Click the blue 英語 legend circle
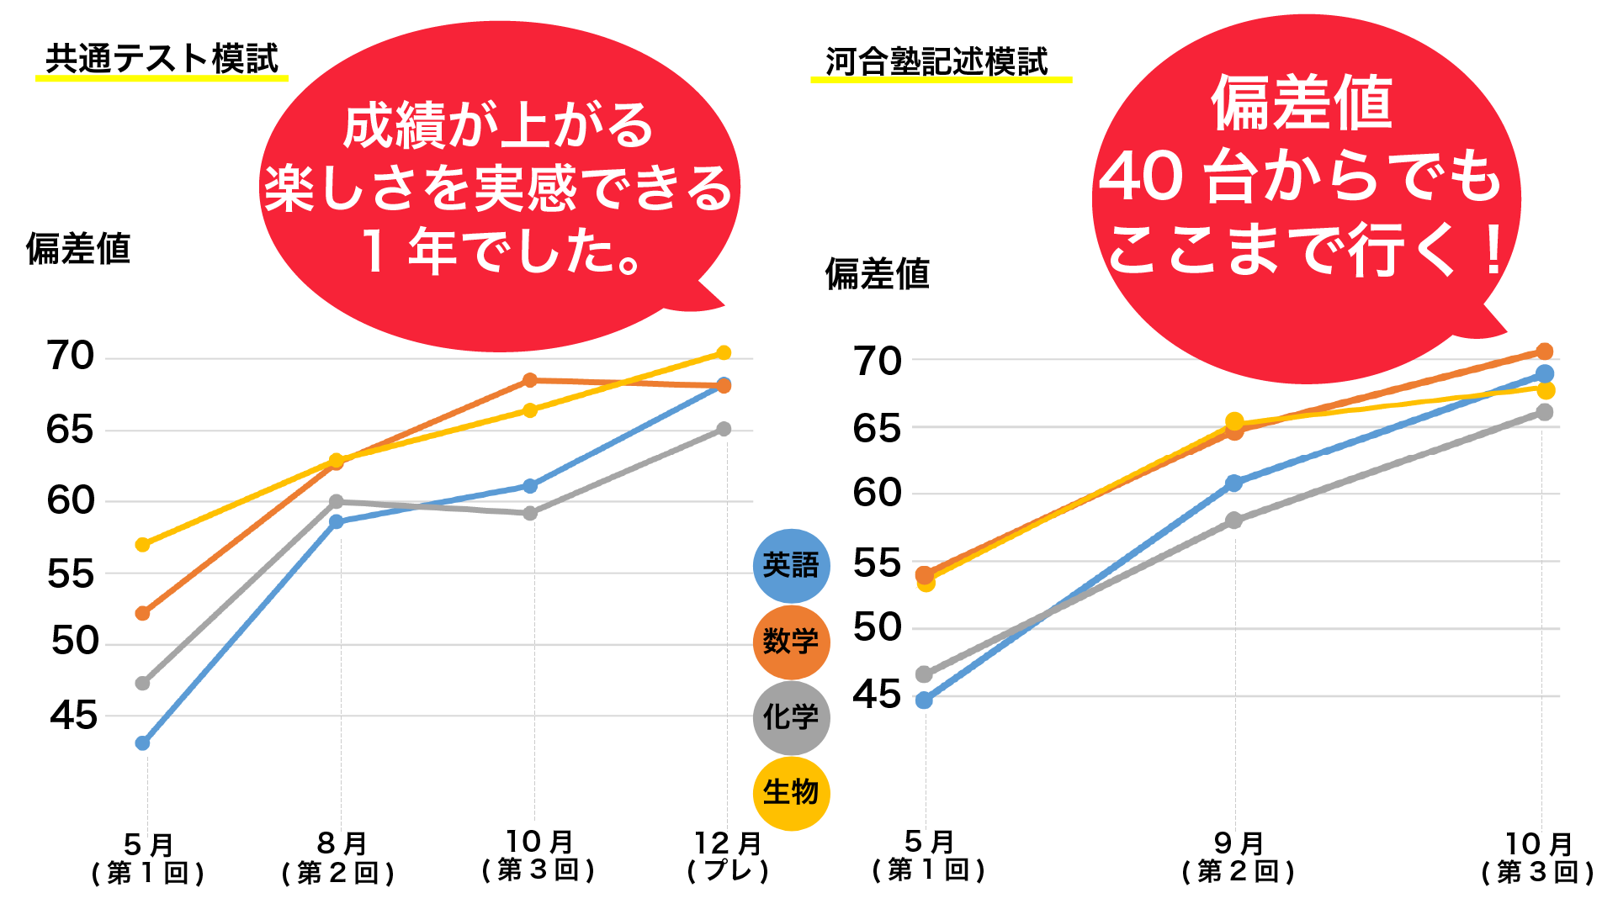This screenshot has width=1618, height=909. click(x=790, y=565)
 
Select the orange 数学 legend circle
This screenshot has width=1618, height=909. click(x=790, y=642)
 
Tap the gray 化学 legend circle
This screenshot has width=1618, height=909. click(x=790, y=717)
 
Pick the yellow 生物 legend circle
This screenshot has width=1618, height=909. click(x=790, y=792)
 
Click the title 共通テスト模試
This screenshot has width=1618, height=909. click(x=161, y=58)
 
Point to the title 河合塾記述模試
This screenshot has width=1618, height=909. click(x=936, y=61)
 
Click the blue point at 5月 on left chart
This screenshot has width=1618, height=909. click(x=143, y=743)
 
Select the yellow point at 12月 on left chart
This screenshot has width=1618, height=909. click(x=724, y=352)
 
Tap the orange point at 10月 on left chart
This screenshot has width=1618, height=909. click(x=530, y=380)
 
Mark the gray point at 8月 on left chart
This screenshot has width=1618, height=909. click(x=337, y=502)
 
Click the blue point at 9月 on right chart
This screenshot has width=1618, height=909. click(x=1234, y=483)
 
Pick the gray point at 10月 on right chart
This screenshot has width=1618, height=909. click(x=1545, y=412)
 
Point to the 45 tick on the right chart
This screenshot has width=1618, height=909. click(x=877, y=695)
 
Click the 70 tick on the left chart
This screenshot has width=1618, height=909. click(x=71, y=356)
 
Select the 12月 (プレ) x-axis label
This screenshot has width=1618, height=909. click(x=728, y=855)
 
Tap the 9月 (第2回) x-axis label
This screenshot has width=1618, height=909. click(x=1238, y=857)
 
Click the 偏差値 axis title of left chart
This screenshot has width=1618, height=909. click(x=78, y=249)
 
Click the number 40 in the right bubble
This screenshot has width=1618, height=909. click(x=1141, y=177)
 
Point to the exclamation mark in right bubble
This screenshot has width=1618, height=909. click(x=1493, y=250)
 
